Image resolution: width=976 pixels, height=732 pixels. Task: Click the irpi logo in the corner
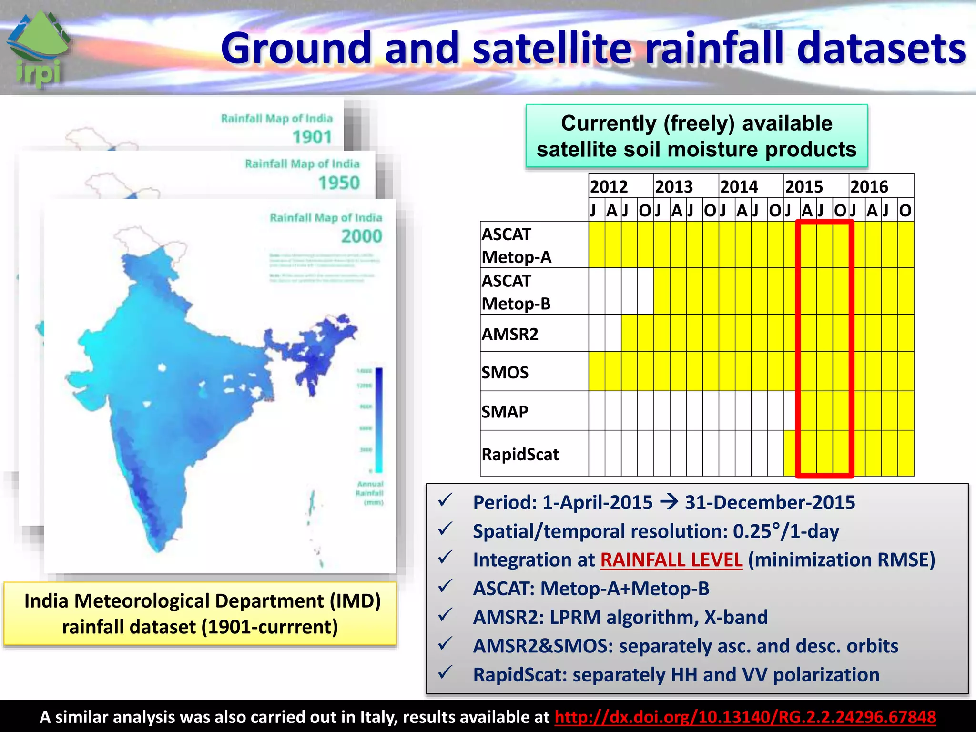click(x=38, y=50)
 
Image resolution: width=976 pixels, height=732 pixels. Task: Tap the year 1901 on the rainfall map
click(x=312, y=137)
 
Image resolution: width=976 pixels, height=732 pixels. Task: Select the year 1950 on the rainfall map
click(x=339, y=183)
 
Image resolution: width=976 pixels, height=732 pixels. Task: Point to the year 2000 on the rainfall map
click(x=361, y=236)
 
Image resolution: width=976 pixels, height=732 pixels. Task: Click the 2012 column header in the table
click(x=609, y=186)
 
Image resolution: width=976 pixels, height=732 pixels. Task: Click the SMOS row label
click(x=505, y=372)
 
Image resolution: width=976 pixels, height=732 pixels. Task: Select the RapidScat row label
click(x=520, y=454)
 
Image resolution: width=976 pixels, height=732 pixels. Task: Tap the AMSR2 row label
click(x=510, y=334)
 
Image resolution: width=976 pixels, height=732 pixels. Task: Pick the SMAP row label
click(x=505, y=411)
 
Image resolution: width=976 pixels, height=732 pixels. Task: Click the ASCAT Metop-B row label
click(x=516, y=292)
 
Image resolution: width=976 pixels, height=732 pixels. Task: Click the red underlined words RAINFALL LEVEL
click(x=671, y=560)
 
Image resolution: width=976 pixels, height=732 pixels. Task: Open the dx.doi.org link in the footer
click(x=745, y=717)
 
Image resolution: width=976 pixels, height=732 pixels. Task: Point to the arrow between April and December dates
click(x=669, y=502)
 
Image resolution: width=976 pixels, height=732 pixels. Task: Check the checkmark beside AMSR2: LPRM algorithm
click(x=445, y=615)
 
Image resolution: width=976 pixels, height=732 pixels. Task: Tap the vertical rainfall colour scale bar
click(x=379, y=419)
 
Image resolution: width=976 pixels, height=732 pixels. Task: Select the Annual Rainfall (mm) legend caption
click(x=370, y=493)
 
